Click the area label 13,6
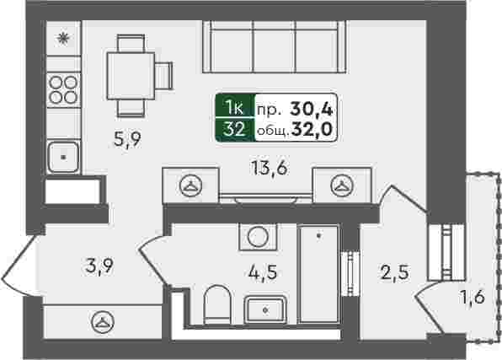tap(270, 169)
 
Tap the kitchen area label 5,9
tap(128, 139)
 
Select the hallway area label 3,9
tap(100, 266)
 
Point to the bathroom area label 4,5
tap(263, 273)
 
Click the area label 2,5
tap(395, 273)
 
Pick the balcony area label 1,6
tap(473, 297)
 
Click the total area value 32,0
tap(312, 130)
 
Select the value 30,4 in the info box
tap(312, 109)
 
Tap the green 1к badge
tap(235, 106)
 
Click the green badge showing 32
tap(235, 130)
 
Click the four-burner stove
tap(63, 90)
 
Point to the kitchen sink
tap(63, 157)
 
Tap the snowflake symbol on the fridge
tap(63, 39)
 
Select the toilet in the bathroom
tap(217, 304)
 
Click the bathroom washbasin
tap(265, 309)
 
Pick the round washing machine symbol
tap(258, 237)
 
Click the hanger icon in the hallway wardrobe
tap(103, 322)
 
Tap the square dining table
tap(131, 76)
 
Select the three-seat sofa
tap(275, 47)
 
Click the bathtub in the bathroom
tap(319, 273)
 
